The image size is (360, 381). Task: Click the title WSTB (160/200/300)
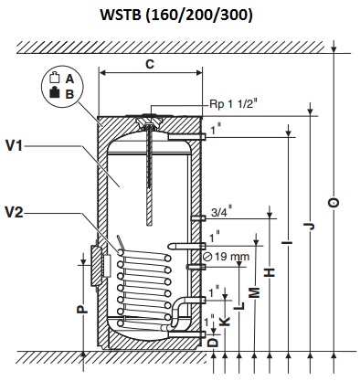[x=176, y=16]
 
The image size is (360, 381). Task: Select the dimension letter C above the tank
[x=150, y=64]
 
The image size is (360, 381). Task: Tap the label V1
[x=15, y=146]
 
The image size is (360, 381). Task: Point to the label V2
[x=15, y=213]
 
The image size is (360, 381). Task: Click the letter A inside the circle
[x=69, y=79]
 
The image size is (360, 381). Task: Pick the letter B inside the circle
[x=69, y=94]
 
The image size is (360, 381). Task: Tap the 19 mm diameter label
[x=227, y=257]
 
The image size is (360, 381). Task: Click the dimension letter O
[x=334, y=203]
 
